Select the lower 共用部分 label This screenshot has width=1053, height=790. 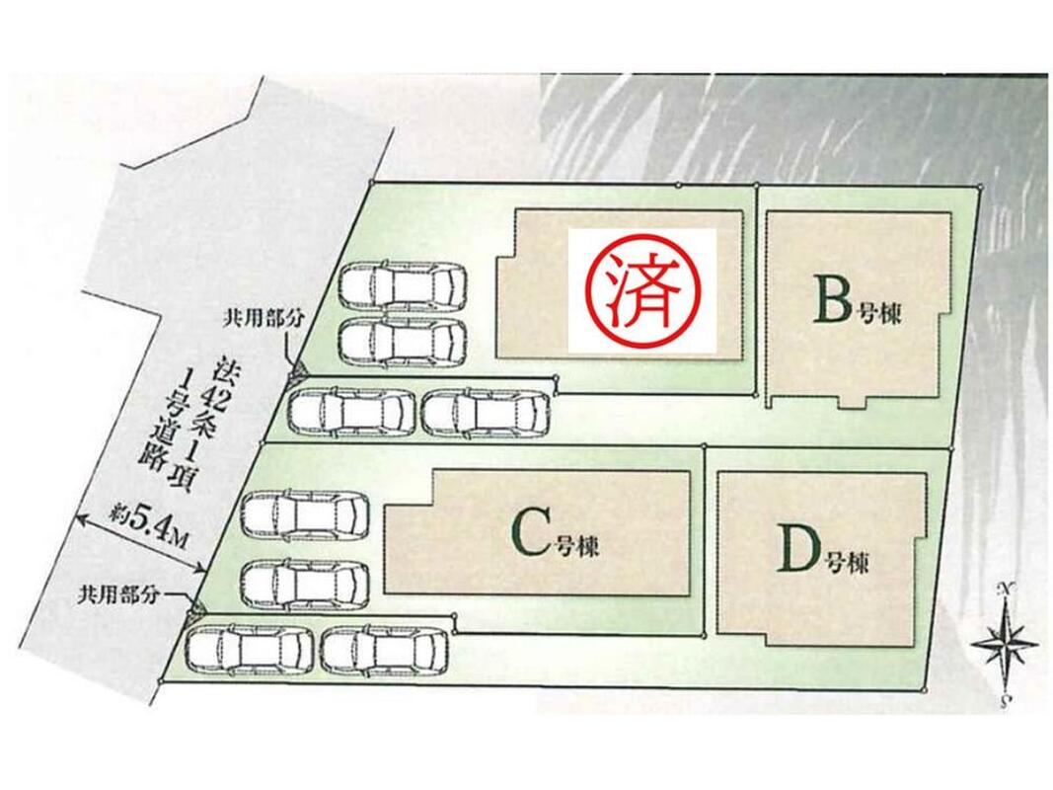pyautogui.click(x=119, y=595)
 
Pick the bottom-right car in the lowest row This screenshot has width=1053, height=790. pyautogui.click(x=384, y=650)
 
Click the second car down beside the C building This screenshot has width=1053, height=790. pyautogui.click(x=305, y=584)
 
